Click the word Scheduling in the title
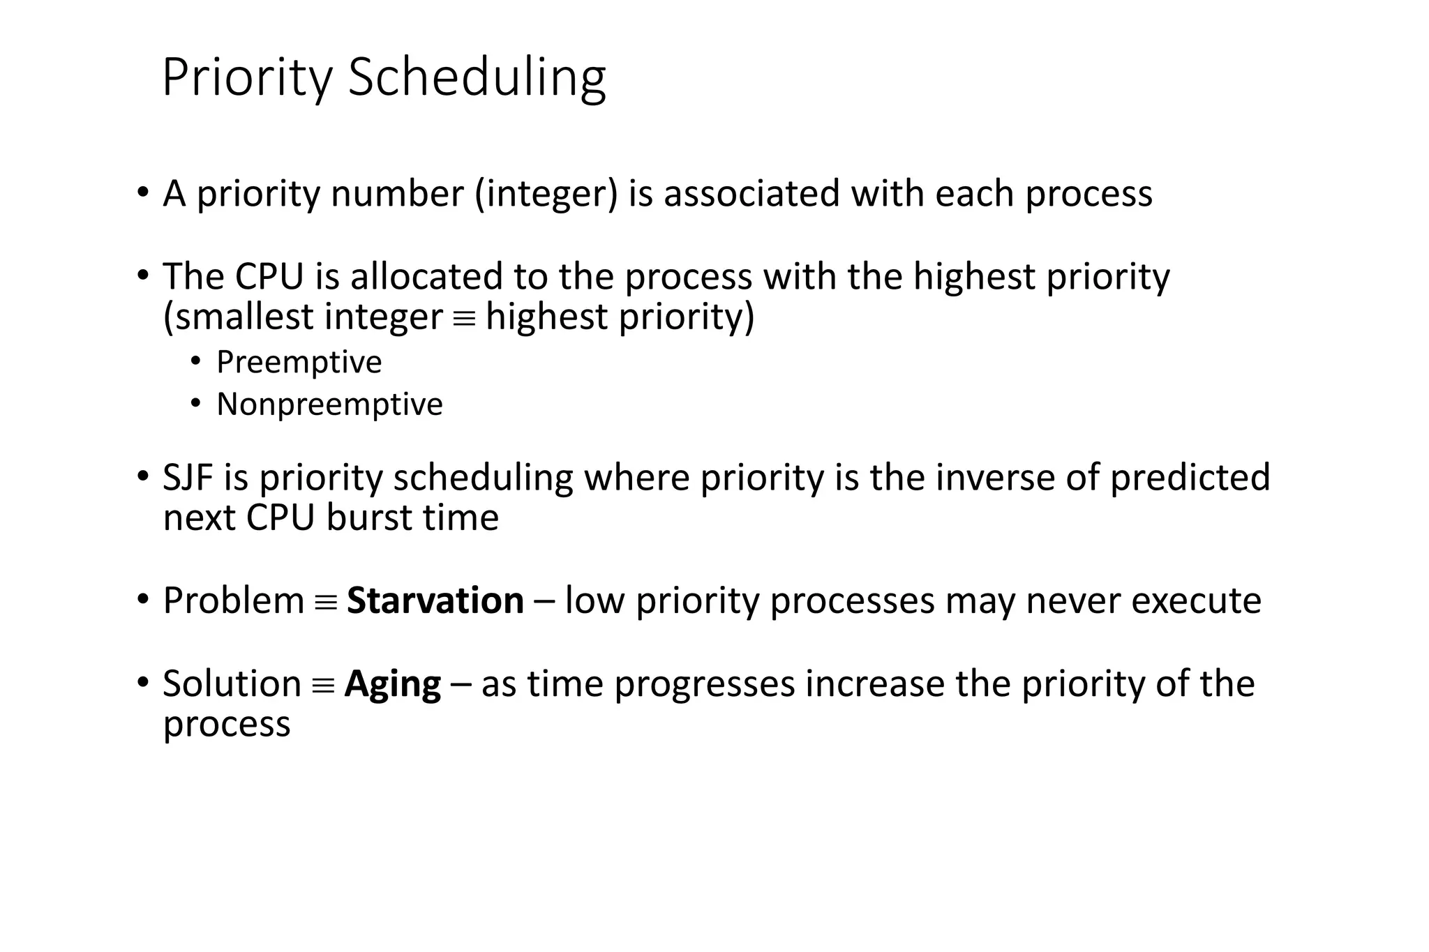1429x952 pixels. [x=477, y=77]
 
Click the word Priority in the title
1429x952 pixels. [x=247, y=77]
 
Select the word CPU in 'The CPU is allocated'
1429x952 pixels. [x=269, y=276]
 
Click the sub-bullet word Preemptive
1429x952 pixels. [x=299, y=362]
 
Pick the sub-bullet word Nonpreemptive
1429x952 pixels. [x=329, y=405]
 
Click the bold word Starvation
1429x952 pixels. [x=435, y=600]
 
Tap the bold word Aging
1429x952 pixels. [x=393, y=683]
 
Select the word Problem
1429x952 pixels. [x=233, y=600]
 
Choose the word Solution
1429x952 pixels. [x=232, y=683]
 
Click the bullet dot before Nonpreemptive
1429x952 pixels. [x=196, y=404]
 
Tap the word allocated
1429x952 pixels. [x=426, y=276]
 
